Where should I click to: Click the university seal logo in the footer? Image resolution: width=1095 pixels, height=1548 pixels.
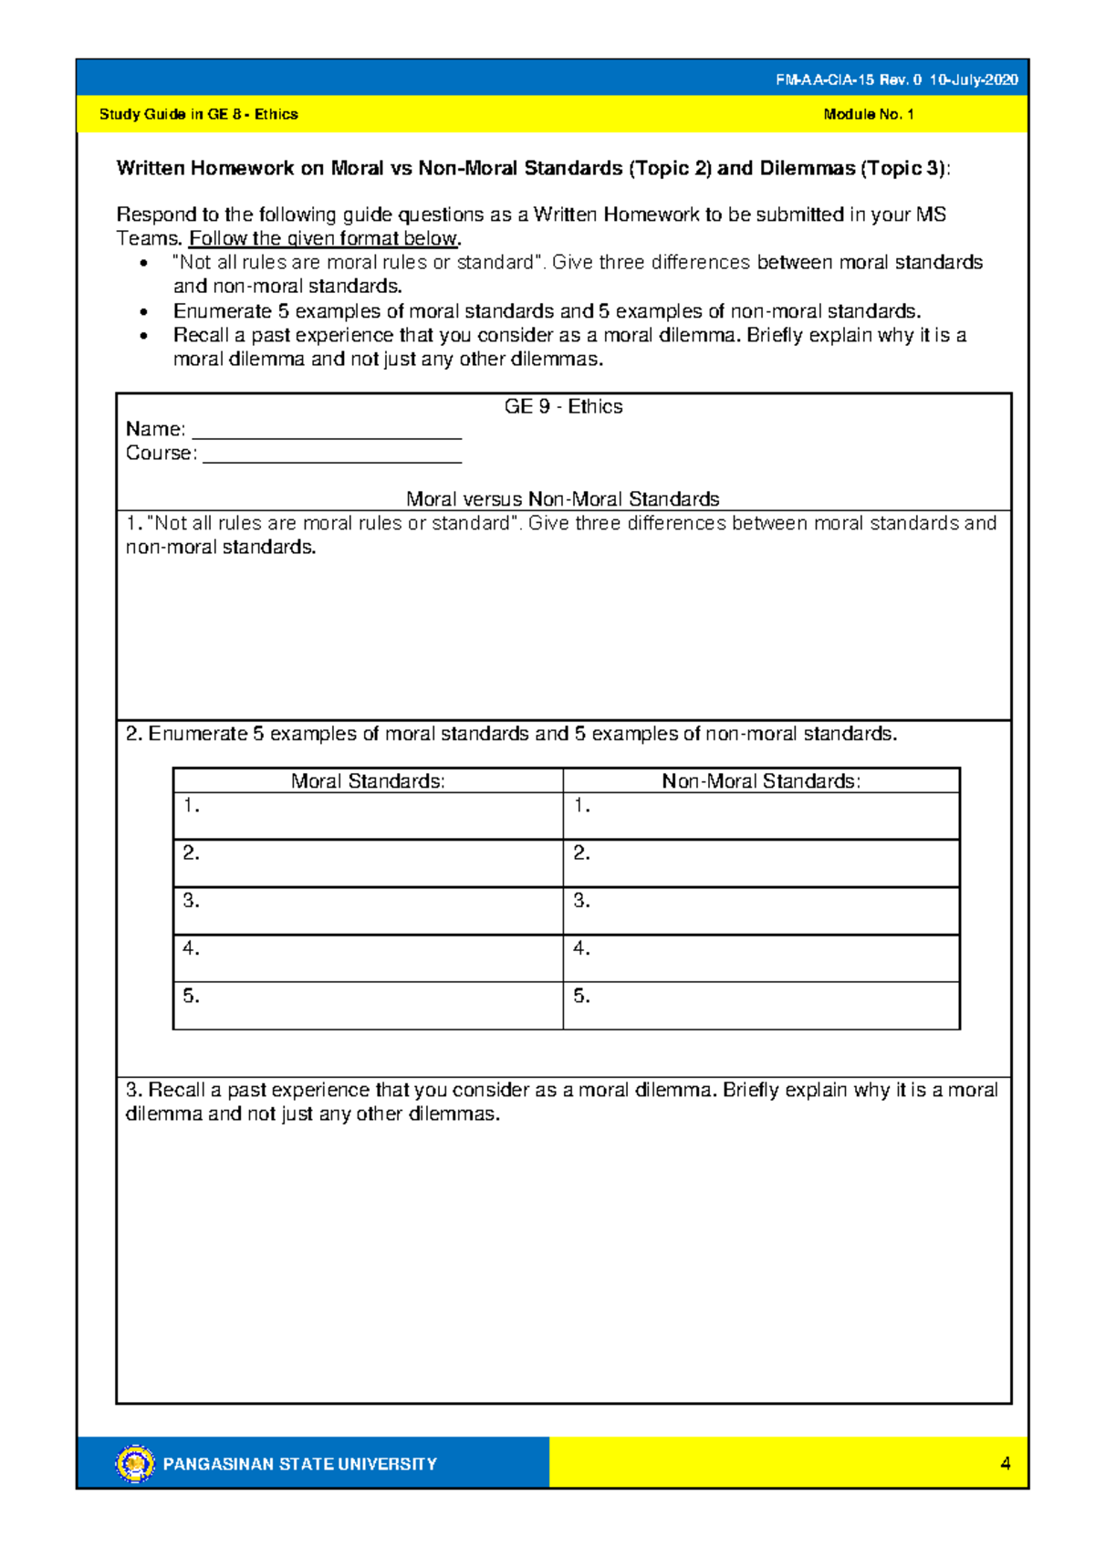point(135,1463)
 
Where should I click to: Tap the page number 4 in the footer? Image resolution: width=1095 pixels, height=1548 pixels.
point(1005,1463)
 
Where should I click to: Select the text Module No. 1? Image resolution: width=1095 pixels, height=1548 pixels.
point(868,114)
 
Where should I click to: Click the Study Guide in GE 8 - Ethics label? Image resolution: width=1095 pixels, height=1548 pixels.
point(198,114)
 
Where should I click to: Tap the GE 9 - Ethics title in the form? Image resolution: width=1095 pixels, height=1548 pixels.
point(563,407)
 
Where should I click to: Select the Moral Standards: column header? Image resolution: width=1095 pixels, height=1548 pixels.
point(368,781)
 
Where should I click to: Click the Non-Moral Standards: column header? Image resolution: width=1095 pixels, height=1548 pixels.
point(761,781)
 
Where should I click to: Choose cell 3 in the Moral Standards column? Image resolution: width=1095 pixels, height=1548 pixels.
point(368,911)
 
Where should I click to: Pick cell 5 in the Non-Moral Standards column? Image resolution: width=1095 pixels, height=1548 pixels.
point(761,1006)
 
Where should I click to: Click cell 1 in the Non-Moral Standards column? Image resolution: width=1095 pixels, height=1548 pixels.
point(761,816)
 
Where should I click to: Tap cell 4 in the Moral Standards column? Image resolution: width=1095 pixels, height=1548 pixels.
point(368,958)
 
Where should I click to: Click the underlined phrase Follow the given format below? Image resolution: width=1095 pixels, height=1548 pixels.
point(324,239)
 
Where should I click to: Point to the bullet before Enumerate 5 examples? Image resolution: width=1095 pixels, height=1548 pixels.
point(143,312)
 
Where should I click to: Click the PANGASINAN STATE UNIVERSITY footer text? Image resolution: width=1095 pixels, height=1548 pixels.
point(299,1464)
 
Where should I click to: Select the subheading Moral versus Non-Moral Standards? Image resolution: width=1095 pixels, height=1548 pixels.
point(562,499)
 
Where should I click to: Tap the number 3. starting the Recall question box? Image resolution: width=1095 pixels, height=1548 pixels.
point(135,1090)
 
